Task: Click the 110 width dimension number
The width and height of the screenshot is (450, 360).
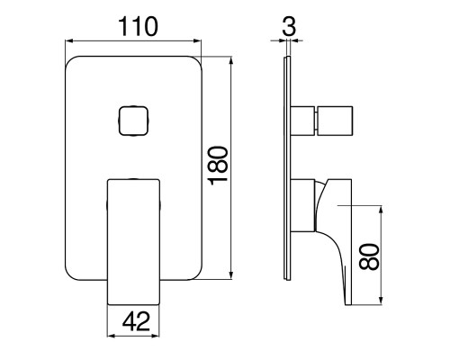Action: coord(139,26)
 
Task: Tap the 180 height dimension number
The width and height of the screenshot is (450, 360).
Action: coord(219,166)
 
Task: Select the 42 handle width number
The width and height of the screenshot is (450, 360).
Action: coord(136,321)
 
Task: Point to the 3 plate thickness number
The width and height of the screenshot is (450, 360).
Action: coord(289,26)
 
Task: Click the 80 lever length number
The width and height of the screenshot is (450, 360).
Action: coord(369,256)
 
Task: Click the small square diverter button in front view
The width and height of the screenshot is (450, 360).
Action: coord(133,121)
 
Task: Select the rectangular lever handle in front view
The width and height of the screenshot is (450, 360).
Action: coord(133,242)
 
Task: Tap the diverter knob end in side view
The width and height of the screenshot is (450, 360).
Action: coord(334,121)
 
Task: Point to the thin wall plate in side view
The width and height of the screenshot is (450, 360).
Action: coord(288,168)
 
